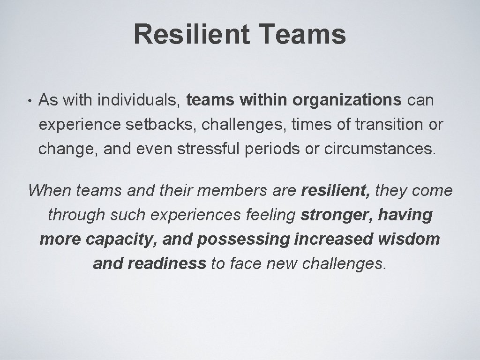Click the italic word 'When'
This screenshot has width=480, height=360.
[49, 190]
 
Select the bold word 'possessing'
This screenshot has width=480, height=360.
[243, 239]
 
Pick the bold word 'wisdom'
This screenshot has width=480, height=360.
[409, 239]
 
